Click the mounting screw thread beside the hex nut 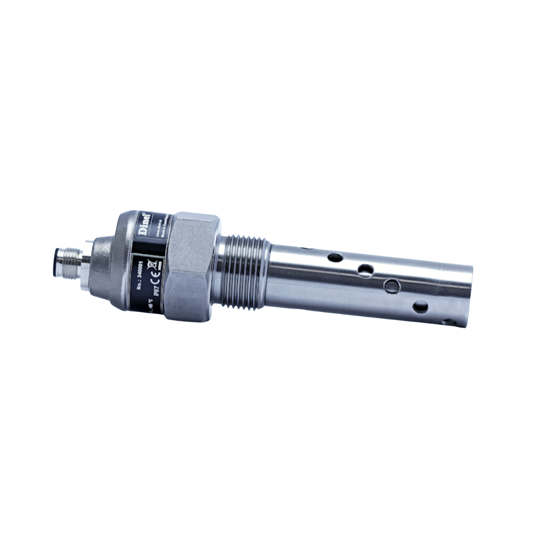coord(242,272)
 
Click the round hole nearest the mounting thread coord(335,258)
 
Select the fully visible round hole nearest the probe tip coord(420,307)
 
